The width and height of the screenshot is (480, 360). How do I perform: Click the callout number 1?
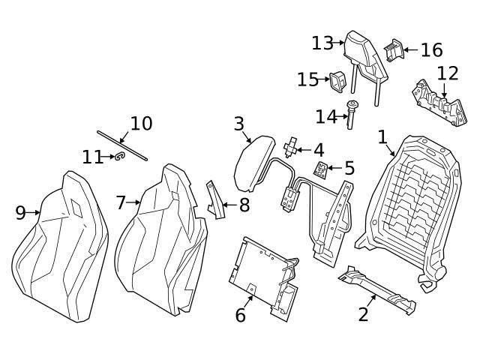tap(382, 136)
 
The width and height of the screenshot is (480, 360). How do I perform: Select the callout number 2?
tap(363, 313)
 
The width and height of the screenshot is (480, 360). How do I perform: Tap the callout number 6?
tap(240, 316)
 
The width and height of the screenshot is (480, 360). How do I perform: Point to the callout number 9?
tap(20, 213)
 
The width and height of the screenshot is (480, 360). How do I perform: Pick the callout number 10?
tap(141, 124)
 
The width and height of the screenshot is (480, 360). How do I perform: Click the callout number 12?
tap(447, 73)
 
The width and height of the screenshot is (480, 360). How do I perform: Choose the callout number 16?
tap(431, 50)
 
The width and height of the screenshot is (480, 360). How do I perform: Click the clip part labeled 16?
tap(393, 50)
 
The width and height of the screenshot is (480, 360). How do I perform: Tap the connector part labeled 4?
tap(293, 144)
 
